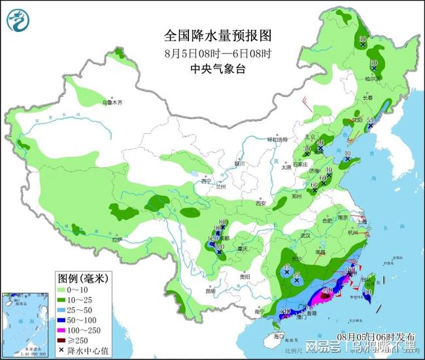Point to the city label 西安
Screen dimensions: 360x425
click(x=261, y=203)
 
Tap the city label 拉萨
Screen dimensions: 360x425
click(x=118, y=240)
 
